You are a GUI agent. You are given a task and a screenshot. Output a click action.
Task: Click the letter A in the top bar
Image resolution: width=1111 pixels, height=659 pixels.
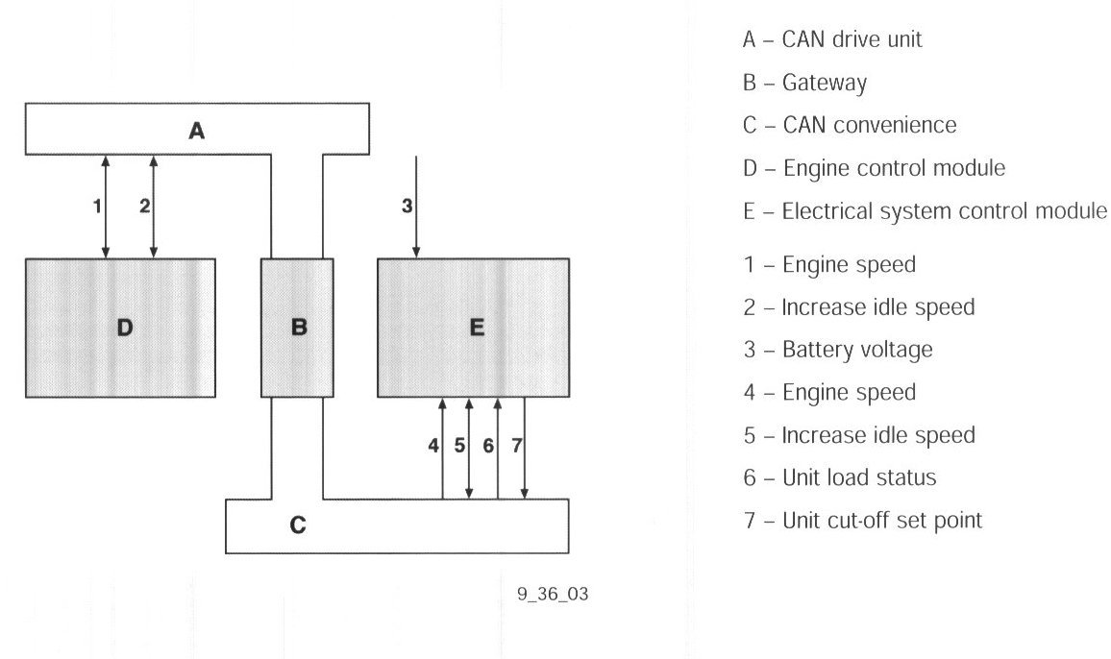point(196,130)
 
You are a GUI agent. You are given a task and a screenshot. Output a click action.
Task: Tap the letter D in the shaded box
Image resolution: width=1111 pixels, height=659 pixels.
point(124,329)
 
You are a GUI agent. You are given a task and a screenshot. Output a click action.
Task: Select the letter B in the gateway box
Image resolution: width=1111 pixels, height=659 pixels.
point(298,328)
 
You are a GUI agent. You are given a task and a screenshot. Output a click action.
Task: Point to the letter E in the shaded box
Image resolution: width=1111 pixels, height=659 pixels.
point(477,328)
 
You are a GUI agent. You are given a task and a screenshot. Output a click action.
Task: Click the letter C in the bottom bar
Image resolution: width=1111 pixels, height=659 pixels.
point(298,526)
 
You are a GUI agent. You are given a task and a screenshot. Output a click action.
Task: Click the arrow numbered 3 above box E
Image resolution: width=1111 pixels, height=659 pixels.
point(416,206)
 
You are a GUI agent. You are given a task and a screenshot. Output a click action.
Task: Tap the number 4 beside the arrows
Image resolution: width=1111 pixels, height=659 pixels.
point(433,446)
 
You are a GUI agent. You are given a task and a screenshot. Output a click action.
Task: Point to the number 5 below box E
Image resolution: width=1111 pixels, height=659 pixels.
point(459,446)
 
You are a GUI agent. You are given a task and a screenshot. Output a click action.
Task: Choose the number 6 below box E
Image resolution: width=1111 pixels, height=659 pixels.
point(488,446)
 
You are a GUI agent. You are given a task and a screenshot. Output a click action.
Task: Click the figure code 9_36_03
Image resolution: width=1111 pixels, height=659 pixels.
point(552,595)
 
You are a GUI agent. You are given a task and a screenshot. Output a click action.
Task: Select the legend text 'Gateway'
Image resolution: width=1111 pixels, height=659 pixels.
point(824,83)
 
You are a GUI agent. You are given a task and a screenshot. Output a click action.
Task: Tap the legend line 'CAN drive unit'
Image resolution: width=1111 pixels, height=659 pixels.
point(852,39)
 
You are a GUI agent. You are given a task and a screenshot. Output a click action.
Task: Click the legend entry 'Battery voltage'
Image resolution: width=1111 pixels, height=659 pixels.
point(856,350)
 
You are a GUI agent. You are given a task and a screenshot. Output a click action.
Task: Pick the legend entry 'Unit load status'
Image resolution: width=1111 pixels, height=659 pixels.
point(858,477)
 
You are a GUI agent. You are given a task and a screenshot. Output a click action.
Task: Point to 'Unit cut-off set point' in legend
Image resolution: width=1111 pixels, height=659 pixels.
point(881,521)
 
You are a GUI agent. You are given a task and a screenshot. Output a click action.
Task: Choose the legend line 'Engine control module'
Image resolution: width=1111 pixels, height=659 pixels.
point(893,168)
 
